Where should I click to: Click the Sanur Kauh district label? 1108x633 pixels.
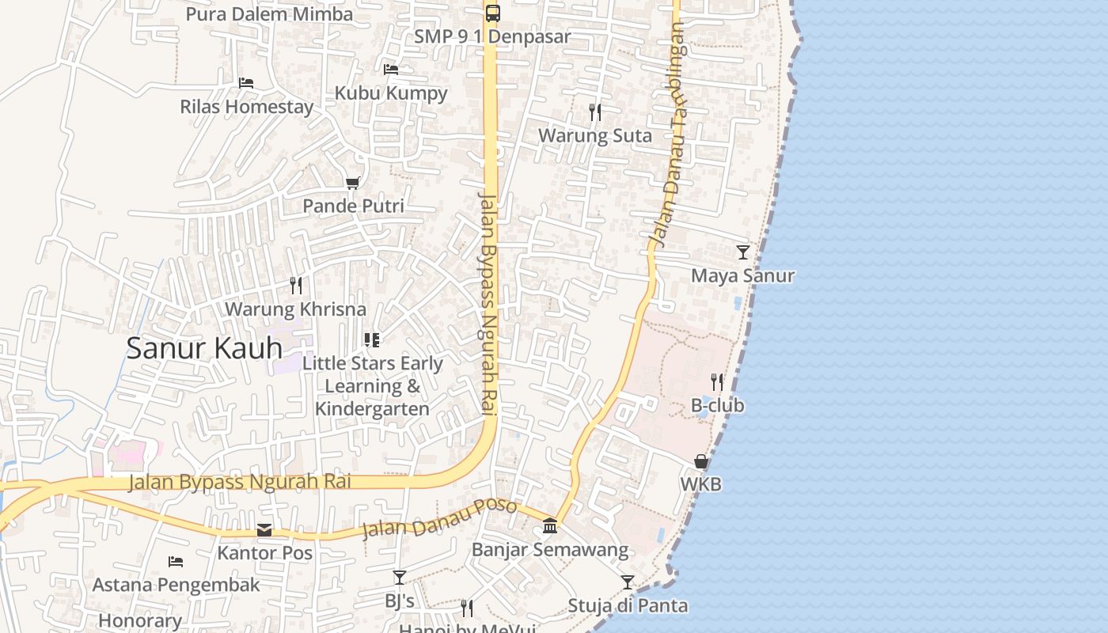coord(204,348)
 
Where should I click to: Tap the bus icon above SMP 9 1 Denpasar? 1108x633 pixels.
coord(492,13)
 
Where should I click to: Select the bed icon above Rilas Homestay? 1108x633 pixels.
coord(246,82)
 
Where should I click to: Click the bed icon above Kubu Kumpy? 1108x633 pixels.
coord(391,69)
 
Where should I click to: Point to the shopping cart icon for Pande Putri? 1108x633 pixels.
coord(353,183)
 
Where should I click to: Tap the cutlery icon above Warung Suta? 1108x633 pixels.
coord(595,112)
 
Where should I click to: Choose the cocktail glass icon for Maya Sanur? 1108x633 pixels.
coord(742,252)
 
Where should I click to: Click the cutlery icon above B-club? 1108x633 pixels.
coord(717,382)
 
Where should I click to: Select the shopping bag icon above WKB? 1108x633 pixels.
coord(701,461)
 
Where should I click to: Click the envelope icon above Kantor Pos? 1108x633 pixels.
coord(264,529)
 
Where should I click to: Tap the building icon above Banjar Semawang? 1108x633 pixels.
coord(550,525)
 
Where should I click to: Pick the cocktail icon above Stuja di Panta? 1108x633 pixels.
coord(628,582)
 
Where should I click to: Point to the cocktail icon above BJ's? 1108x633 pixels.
coord(400,578)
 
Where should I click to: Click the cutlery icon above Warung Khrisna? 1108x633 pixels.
coord(296,285)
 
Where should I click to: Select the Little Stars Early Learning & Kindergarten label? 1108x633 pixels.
coord(373,386)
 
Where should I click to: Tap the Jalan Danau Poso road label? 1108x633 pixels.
coord(439,518)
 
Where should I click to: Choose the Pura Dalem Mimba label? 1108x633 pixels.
coord(269,14)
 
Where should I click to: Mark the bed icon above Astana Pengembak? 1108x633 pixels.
coord(176,562)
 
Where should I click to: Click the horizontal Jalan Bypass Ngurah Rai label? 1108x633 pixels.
coord(239,481)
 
